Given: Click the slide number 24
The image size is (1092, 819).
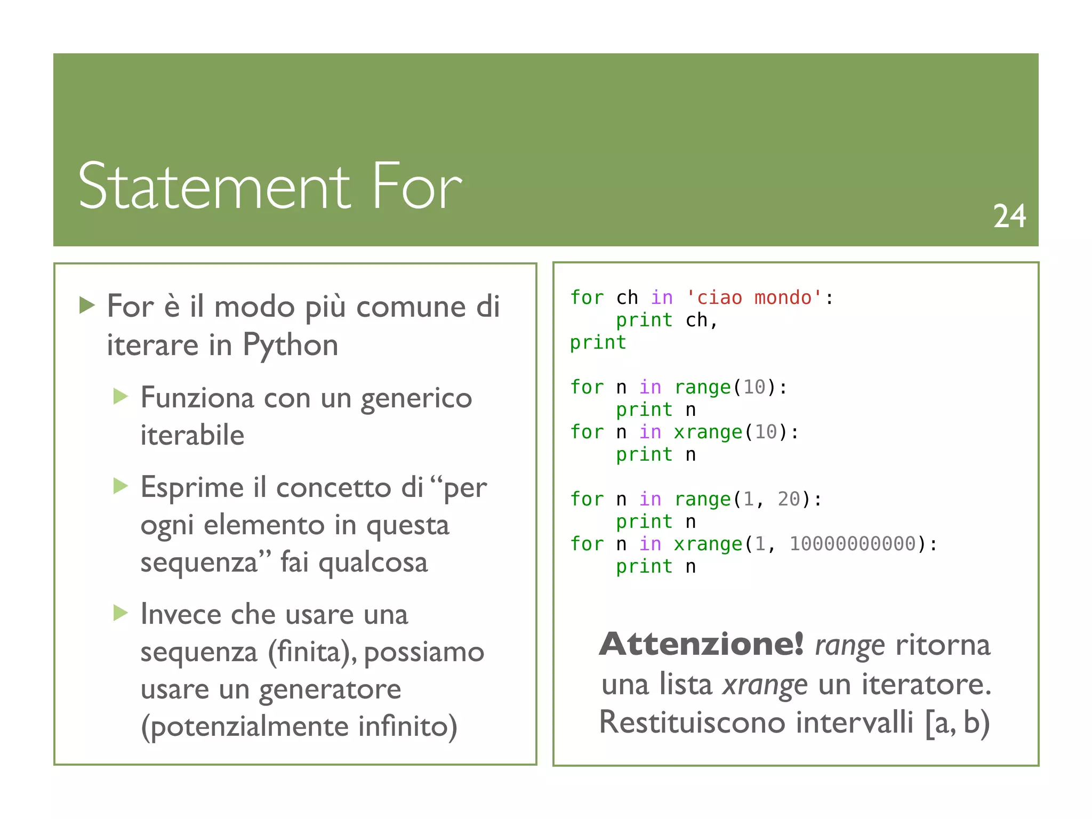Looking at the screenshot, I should pyautogui.click(x=1009, y=216).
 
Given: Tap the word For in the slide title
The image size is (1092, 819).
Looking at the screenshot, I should pyautogui.click(x=417, y=186).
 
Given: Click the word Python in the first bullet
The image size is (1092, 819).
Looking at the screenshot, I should pyautogui.click(x=291, y=345).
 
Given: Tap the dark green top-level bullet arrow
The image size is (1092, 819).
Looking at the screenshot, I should pyautogui.click(x=87, y=305).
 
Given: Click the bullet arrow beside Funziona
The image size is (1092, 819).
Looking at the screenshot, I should pyautogui.click(x=121, y=396).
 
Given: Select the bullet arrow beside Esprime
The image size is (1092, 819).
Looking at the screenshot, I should pyautogui.click(x=121, y=486).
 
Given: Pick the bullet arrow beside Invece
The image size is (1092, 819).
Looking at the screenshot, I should pyautogui.click(x=121, y=613).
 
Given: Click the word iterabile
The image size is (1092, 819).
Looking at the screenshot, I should pyautogui.click(x=192, y=435).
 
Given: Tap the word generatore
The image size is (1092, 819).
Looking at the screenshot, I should pyautogui.click(x=330, y=689).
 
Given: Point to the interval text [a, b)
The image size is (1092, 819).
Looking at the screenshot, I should pyautogui.click(x=957, y=722).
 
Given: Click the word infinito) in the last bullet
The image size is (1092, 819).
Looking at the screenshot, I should pyautogui.click(x=407, y=726).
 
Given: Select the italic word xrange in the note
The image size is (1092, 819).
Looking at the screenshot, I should pyautogui.click(x=765, y=684).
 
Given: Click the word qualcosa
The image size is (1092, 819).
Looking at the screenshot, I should pyautogui.click(x=373, y=563).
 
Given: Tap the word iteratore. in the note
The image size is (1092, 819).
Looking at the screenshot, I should pyautogui.click(x=926, y=684).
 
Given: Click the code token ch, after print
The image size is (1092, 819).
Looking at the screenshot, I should pyautogui.click(x=702, y=320).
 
